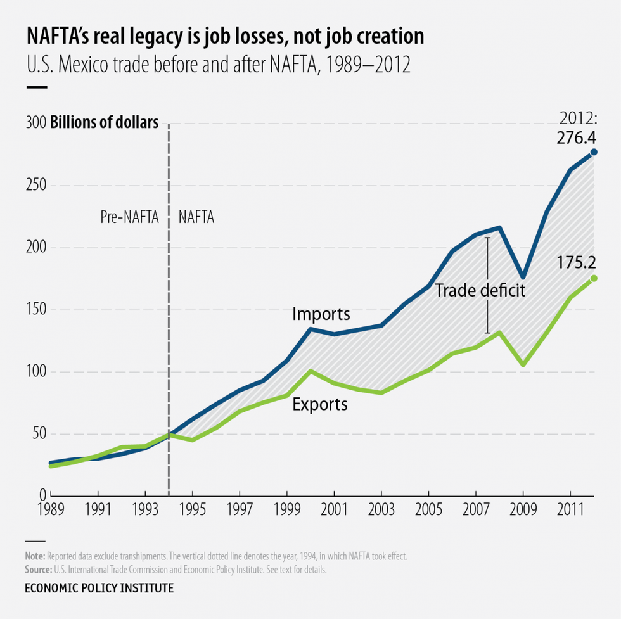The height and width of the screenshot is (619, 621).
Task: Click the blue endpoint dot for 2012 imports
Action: (x=594, y=152)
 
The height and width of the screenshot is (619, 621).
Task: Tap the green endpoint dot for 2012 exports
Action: (x=594, y=278)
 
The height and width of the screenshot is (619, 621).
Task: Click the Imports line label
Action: (x=321, y=314)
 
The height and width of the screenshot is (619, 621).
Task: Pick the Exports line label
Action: (x=320, y=404)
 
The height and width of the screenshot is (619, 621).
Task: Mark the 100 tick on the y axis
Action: (x=37, y=372)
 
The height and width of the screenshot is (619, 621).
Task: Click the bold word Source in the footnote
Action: (x=39, y=569)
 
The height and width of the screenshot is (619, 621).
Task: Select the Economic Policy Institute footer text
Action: (x=98, y=589)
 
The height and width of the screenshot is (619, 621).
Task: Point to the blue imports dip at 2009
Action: (x=523, y=277)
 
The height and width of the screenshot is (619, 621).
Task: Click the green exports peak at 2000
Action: (x=310, y=371)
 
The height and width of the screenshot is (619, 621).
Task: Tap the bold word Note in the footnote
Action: (x=35, y=556)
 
